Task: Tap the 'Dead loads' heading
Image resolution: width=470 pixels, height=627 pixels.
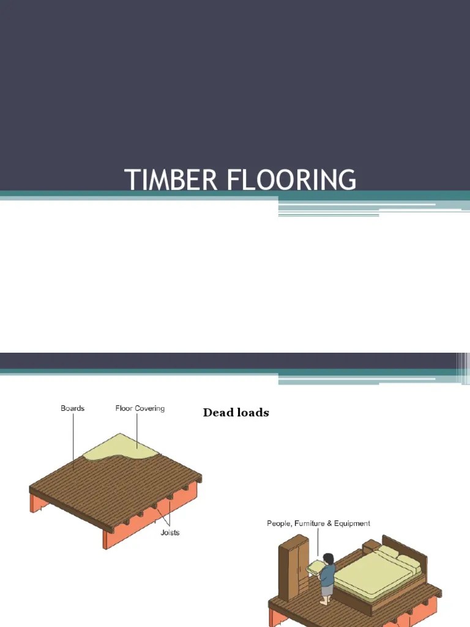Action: [236, 413]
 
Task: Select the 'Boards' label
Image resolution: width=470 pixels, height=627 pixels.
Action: [72, 408]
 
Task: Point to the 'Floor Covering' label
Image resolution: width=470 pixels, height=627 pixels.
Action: [140, 408]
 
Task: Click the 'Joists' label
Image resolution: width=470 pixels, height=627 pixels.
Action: [170, 532]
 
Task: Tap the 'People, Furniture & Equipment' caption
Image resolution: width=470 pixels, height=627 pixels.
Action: [318, 524]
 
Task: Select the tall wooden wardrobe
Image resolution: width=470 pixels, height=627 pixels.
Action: [293, 566]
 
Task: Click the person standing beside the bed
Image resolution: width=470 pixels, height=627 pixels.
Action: [328, 579]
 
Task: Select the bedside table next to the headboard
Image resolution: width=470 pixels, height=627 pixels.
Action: [371, 546]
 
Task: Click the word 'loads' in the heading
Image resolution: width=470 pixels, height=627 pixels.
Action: [253, 413]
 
